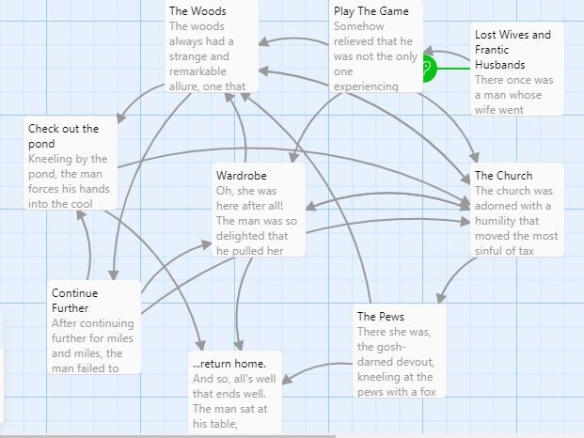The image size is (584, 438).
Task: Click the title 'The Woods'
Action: tap(197, 11)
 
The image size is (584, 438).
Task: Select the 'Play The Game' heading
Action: tap(371, 11)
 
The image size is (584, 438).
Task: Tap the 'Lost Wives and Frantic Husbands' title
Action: tap(513, 50)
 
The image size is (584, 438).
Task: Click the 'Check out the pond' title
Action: tap(68, 135)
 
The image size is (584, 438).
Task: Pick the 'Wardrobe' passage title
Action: tap(241, 176)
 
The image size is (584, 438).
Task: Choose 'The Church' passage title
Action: tap(503, 176)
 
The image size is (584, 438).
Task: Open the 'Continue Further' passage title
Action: tap(74, 301)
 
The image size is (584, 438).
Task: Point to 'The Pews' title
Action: tap(380, 317)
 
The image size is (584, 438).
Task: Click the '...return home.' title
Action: tap(229, 364)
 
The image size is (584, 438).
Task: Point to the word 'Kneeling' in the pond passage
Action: tap(53, 160)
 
